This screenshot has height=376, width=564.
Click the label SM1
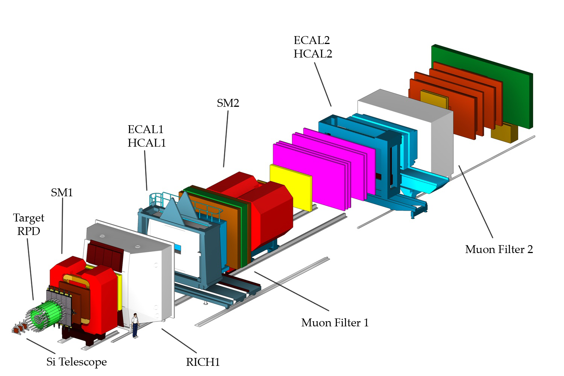point(62,193)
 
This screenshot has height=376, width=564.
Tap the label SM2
point(228,103)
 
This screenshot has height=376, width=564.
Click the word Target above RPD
point(29,218)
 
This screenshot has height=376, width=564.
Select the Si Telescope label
point(76,362)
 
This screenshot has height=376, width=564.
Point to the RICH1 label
point(203,362)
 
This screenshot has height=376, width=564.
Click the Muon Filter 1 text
point(335,323)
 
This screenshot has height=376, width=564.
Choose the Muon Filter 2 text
point(499,249)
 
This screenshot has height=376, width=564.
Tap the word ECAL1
point(146,129)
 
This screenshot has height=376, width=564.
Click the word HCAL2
point(313,54)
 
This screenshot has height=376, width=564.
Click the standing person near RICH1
point(135,325)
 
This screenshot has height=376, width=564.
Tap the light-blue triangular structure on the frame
point(177,211)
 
